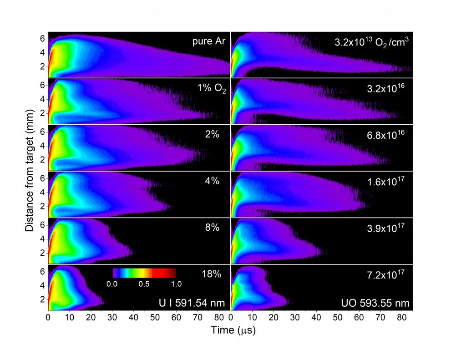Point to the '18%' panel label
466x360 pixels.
point(211,274)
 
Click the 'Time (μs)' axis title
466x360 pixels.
point(233,331)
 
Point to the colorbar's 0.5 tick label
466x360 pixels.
point(144,284)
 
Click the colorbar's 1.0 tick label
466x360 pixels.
point(176,284)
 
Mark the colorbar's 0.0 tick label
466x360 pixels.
point(112,284)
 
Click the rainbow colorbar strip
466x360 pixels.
point(144,273)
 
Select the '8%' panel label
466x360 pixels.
point(213,227)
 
